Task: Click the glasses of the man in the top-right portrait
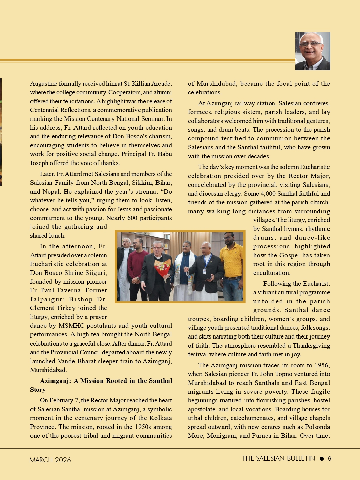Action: click(x=311, y=43)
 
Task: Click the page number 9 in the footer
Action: click(x=330, y=459)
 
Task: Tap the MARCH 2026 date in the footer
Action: click(x=50, y=460)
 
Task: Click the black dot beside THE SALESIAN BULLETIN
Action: click(x=322, y=459)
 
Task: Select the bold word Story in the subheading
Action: click(x=38, y=390)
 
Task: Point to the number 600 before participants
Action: click(x=131, y=218)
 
